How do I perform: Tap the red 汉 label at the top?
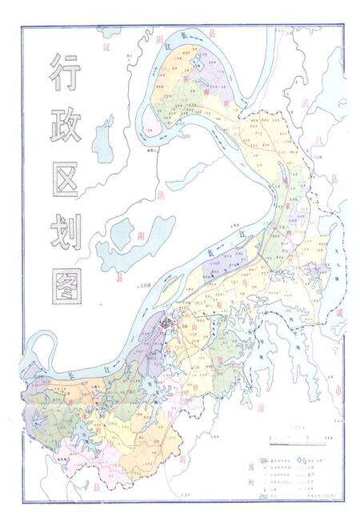(x=105, y=47)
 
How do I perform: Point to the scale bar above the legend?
(x=295, y=439)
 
